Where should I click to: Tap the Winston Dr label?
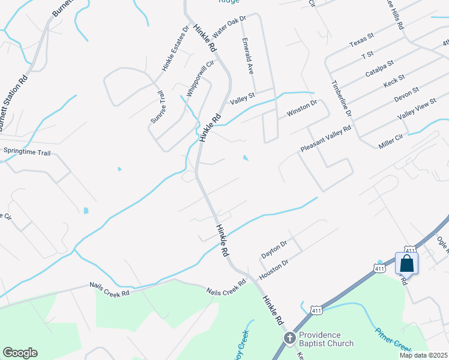[x=301, y=109]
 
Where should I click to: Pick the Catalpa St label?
[x=379, y=68]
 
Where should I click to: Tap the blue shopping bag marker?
[x=407, y=263]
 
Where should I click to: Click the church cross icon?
[x=289, y=339]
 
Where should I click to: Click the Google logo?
[x=20, y=353]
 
